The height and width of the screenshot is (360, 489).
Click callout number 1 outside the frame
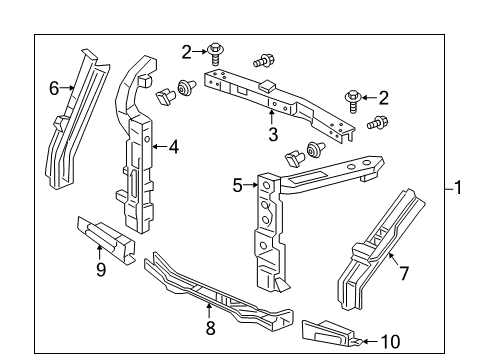458,187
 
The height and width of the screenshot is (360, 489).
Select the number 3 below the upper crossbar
273,135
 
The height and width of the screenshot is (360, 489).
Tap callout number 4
174,147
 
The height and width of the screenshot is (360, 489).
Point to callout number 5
237,186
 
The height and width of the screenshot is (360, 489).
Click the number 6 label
54,89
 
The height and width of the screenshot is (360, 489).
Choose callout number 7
404,274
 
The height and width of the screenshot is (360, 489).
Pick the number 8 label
210,328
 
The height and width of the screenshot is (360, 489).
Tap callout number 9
101,269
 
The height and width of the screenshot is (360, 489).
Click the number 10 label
390,342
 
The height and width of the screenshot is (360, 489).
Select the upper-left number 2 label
187,52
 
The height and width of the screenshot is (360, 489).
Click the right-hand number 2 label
384,98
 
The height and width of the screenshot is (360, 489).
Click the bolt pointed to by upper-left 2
215,54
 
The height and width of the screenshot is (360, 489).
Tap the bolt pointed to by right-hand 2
352,101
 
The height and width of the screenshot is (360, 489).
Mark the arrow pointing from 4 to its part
160,146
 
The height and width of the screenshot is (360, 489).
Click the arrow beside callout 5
250,185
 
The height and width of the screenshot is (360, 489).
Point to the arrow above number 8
209,311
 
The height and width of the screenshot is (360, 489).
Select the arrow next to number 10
370,341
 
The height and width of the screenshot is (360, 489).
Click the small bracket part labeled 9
106,240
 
